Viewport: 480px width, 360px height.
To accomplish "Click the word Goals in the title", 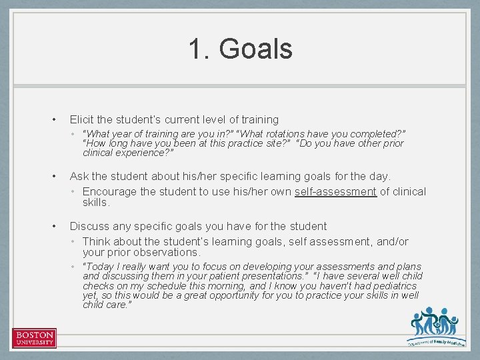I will coord(255,49).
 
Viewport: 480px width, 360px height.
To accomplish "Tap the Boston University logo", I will coord(34,338).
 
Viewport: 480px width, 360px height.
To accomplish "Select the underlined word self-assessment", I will coord(335,192).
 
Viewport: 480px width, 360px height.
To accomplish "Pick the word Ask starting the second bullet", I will coord(79,177).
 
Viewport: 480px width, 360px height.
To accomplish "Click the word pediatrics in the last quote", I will coord(393,286).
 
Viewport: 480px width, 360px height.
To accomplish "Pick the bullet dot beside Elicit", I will coord(54,120).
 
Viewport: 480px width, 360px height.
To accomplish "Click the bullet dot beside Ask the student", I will coord(54,177).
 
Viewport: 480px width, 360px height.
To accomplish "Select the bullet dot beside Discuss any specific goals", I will coord(54,227).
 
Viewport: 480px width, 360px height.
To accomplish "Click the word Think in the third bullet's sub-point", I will coord(97,242).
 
